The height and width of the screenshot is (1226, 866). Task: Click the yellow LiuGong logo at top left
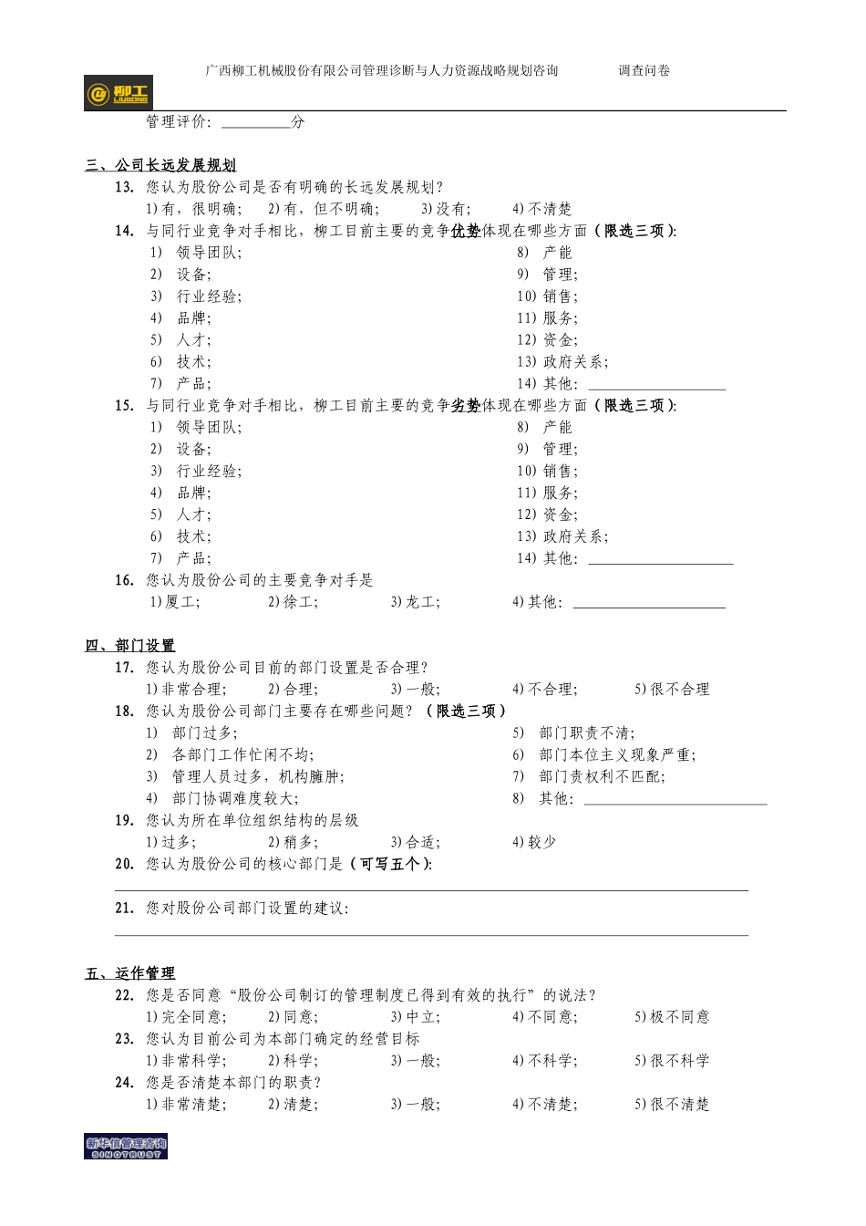pos(119,93)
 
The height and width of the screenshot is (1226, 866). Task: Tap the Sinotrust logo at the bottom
pos(126,1147)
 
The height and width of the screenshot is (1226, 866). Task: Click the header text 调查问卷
pos(644,70)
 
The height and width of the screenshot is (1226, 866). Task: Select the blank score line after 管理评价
pos(255,122)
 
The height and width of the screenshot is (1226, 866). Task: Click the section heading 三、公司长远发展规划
pos(160,165)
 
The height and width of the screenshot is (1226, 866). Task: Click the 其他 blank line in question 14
pos(656,385)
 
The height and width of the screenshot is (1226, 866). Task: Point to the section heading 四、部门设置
pos(130,646)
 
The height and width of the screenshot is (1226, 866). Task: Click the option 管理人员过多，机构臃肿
pos(258,777)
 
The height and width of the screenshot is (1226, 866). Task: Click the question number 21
pos(124,909)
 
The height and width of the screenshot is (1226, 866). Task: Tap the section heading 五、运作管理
pos(130,973)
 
